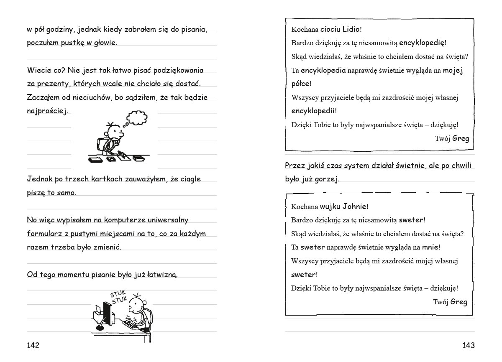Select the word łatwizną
(x=161, y=275)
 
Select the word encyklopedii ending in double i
(x=313, y=111)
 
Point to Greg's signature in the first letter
(x=461, y=138)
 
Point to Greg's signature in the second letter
(x=459, y=302)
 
